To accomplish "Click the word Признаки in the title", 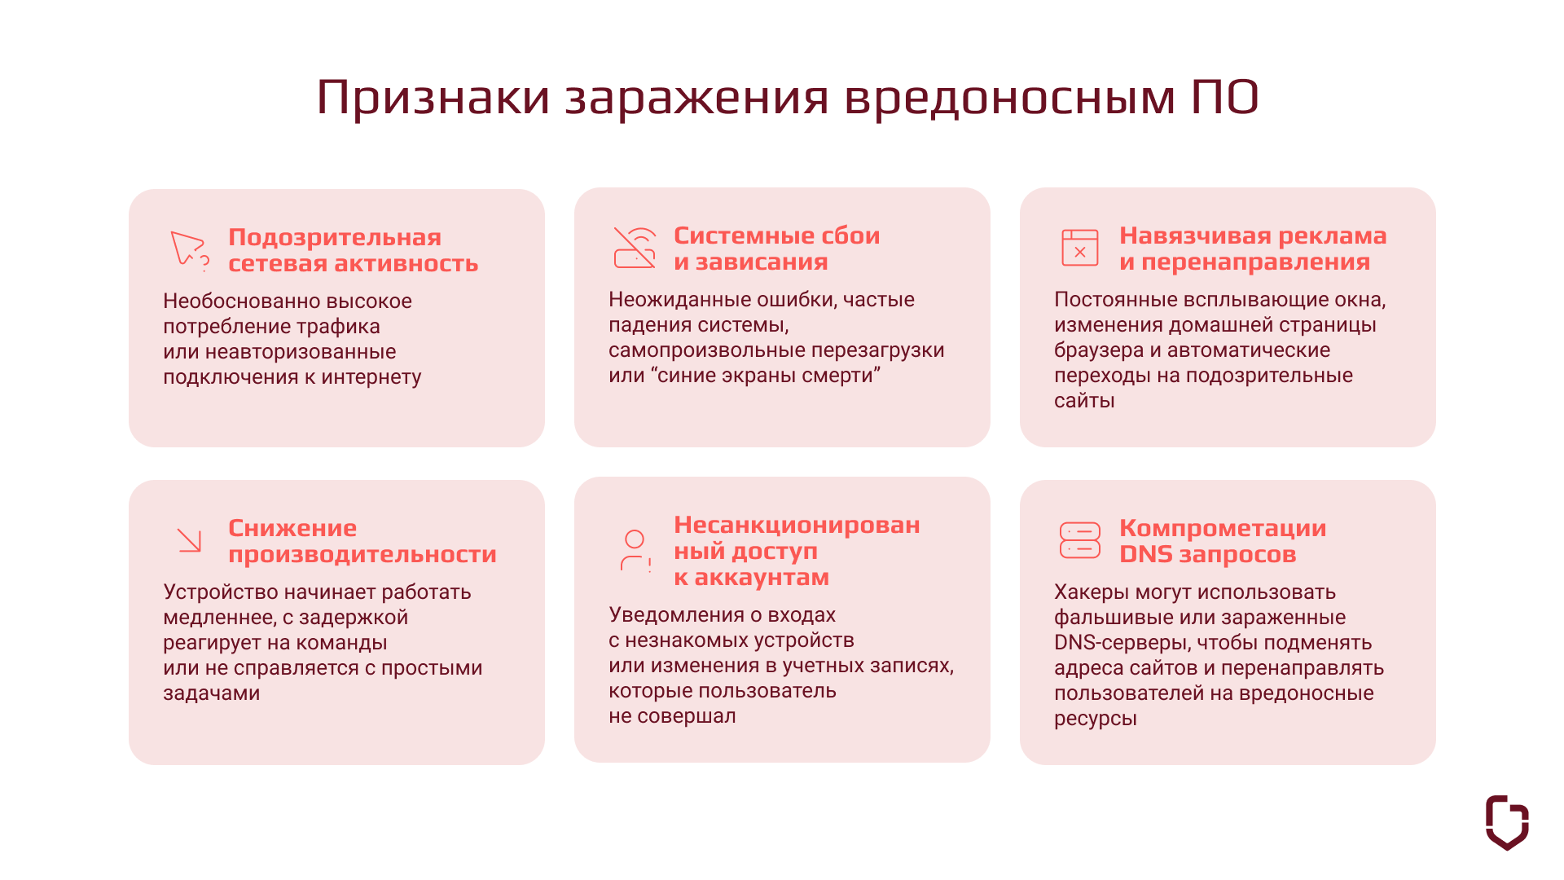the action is tap(433, 98).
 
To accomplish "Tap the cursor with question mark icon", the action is tap(189, 250).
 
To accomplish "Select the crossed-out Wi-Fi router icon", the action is tap(635, 248).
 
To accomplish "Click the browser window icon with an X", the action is tap(1080, 248).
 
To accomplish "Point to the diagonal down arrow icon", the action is tap(189, 540).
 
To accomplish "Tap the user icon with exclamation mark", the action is tap(635, 551).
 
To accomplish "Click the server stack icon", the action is tap(1080, 540).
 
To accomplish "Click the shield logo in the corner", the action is tap(1507, 822).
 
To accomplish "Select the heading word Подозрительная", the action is tap(335, 237).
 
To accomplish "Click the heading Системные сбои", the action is tap(777, 235).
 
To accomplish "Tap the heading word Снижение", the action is tap(292, 528).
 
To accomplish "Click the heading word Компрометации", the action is tap(1223, 528).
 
